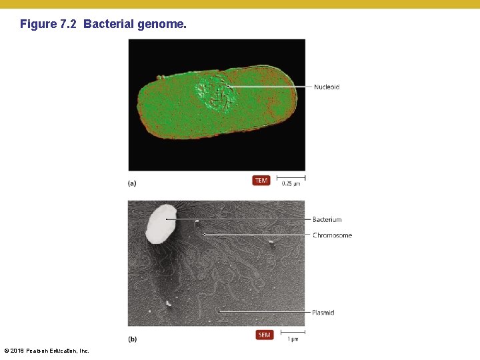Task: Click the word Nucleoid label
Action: pyautogui.click(x=327, y=87)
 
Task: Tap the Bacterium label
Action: pyautogui.click(x=327, y=219)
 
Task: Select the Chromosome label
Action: pyautogui.click(x=332, y=235)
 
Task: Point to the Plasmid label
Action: pyautogui.click(x=323, y=313)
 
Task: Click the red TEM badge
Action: pyautogui.click(x=261, y=181)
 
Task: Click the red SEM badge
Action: pyautogui.click(x=265, y=335)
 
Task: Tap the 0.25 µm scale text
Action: pyautogui.click(x=291, y=184)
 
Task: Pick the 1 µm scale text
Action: pyautogui.click(x=293, y=339)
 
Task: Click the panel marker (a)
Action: pyautogui.click(x=132, y=183)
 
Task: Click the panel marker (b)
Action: pyautogui.click(x=132, y=339)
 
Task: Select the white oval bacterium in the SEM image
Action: pyautogui.click(x=161, y=223)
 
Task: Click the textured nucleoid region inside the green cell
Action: pyautogui.click(x=215, y=95)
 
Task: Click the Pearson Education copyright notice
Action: pyautogui.click(x=47, y=351)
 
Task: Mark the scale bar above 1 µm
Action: pyautogui.click(x=293, y=331)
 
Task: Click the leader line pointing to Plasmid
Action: pyautogui.click(x=263, y=312)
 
